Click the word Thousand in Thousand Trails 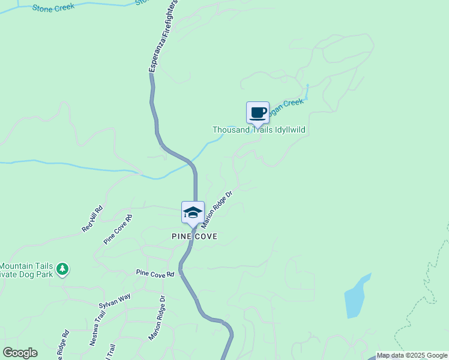(231, 130)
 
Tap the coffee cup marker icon (258, 113)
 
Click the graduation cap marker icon (193, 212)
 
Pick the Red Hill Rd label (92, 220)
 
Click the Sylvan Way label (115, 301)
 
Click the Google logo (20, 353)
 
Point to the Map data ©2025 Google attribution (412, 355)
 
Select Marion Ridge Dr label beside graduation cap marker (217, 209)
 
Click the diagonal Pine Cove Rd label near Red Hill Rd (118, 229)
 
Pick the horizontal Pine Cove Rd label (155, 274)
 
